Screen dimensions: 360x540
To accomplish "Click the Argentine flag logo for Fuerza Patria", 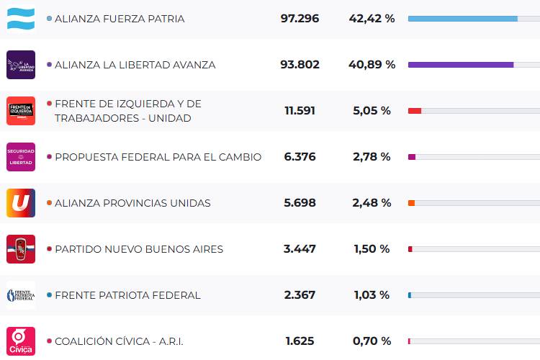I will tap(21, 18).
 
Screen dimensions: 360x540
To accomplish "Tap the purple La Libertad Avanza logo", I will tap(21, 64).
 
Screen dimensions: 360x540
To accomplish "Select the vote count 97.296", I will tap(300, 19).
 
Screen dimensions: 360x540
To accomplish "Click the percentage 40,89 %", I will tap(373, 65).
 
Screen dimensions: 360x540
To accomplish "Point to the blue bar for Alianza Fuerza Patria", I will tap(462, 19).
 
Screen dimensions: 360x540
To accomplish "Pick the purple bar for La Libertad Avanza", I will tap(461, 65).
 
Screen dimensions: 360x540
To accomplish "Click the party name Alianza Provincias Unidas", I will tap(132, 203).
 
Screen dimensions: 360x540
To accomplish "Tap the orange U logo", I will tap(21, 202).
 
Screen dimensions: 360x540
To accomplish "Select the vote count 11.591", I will tap(300, 111).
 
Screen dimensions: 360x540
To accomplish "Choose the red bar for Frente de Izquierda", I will tap(415, 111).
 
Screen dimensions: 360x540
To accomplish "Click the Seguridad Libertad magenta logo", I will tap(21, 156).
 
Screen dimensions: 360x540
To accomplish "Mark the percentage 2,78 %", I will tap(372, 157).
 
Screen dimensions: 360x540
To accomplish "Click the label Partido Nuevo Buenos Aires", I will tap(139, 249).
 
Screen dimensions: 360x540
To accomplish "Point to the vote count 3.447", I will tap(300, 249).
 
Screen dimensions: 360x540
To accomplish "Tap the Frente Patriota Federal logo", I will tap(21, 294).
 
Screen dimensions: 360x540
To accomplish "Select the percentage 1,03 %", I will tap(372, 295).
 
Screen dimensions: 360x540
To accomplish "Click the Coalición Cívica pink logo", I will tap(21, 341).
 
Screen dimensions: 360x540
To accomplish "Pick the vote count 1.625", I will tap(300, 341).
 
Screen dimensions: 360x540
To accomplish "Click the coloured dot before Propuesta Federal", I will tap(49, 157).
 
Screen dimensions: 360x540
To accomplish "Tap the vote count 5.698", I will tap(300, 203).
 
